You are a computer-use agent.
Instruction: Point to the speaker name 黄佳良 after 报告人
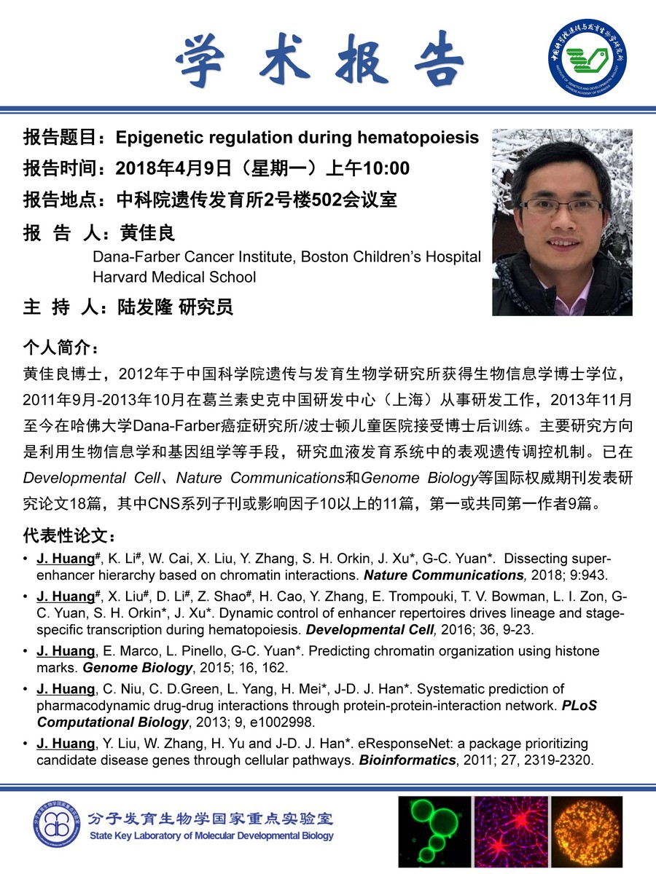(148, 233)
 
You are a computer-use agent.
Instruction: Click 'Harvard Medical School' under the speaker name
(174, 277)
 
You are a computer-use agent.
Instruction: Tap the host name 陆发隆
(143, 307)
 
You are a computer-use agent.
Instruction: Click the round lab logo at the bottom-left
(56, 825)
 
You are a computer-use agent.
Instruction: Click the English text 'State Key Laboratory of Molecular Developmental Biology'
(211, 835)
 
